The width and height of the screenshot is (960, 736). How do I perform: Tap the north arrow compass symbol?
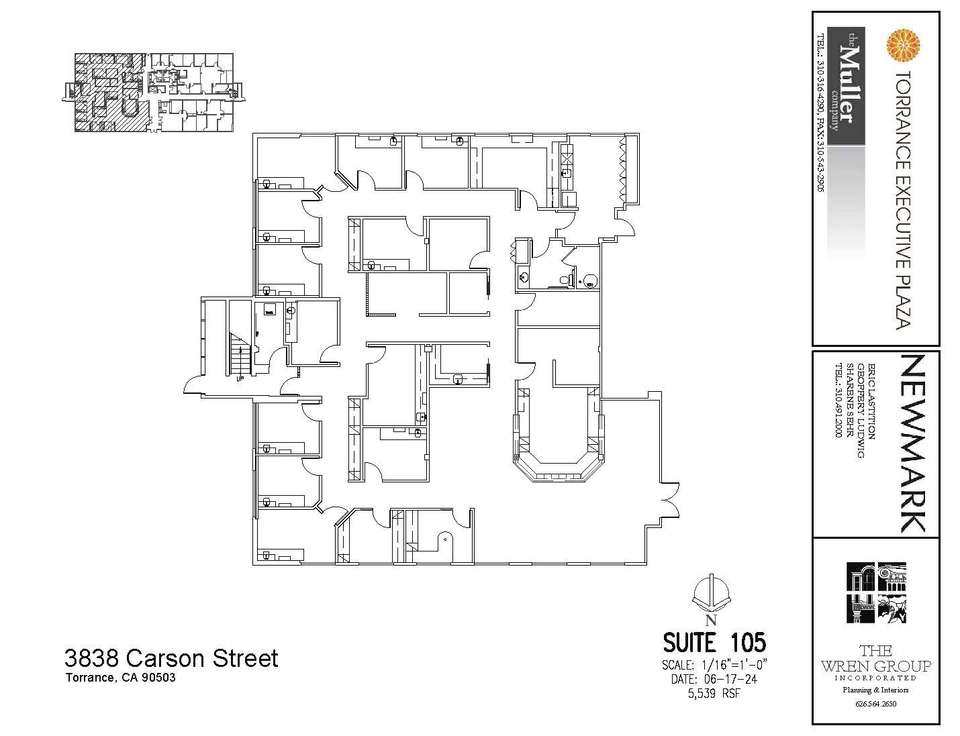pyautogui.click(x=711, y=594)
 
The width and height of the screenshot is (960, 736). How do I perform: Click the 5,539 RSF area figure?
pyautogui.click(x=714, y=693)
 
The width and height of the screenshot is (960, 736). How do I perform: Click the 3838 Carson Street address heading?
pyautogui.click(x=171, y=658)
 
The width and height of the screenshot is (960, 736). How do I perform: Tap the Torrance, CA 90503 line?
pyautogui.click(x=121, y=678)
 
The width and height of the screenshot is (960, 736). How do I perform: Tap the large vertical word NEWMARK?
pyautogui.click(x=912, y=443)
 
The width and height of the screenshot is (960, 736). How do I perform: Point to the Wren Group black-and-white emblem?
pyautogui.click(x=875, y=593)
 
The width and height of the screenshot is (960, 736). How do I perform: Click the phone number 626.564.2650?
pyautogui.click(x=875, y=704)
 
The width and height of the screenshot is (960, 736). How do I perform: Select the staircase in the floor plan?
pyautogui.click(x=240, y=356)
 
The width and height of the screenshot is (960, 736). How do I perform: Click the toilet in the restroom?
pyautogui.click(x=590, y=281)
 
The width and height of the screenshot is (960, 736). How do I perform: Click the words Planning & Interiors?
pyautogui.click(x=875, y=690)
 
